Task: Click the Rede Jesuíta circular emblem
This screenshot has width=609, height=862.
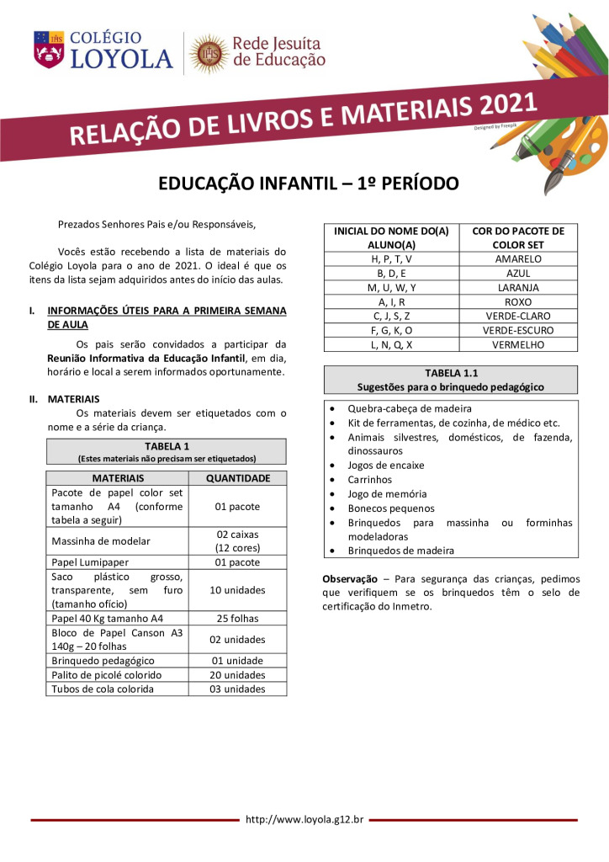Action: (208, 54)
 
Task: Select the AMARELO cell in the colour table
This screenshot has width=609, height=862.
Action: (518, 259)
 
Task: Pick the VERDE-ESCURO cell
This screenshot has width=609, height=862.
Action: (518, 331)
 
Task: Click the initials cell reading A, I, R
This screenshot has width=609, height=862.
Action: (391, 302)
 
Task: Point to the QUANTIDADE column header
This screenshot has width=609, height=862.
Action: (236, 478)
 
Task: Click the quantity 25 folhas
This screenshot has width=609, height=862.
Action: (236, 619)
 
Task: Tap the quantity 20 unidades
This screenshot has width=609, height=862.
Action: (236, 675)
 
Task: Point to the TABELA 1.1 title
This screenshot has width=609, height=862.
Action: (451, 374)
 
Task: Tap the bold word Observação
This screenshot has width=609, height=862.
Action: (349, 580)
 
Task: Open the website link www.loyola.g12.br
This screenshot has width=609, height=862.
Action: (304, 819)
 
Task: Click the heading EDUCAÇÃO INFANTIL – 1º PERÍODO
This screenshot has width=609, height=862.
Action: (309, 184)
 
